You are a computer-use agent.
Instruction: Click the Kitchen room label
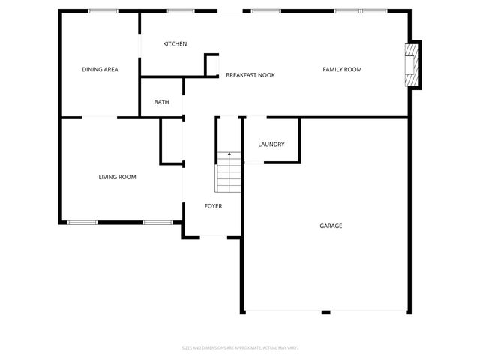click(175, 44)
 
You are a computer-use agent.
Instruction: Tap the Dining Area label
click(100, 70)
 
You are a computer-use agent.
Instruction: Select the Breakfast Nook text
click(250, 75)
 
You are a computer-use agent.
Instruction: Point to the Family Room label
click(342, 70)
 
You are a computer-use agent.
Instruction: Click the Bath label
click(161, 102)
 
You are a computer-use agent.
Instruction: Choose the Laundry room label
click(271, 145)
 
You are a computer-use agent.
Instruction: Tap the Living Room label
click(117, 178)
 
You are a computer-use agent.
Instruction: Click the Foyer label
click(213, 206)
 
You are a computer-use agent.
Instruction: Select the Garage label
click(331, 226)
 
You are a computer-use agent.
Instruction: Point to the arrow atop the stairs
click(229, 154)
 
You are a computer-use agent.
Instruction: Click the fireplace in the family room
click(412, 65)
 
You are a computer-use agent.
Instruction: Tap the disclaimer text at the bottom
click(240, 348)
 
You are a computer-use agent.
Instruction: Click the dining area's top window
click(103, 11)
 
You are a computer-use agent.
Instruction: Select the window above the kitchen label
click(180, 11)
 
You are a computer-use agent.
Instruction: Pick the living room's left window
click(82, 222)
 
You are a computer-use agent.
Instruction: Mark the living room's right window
click(157, 222)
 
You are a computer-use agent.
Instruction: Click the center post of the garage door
click(325, 312)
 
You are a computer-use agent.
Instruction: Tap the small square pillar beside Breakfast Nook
click(211, 64)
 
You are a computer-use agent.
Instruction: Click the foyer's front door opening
click(213, 237)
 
